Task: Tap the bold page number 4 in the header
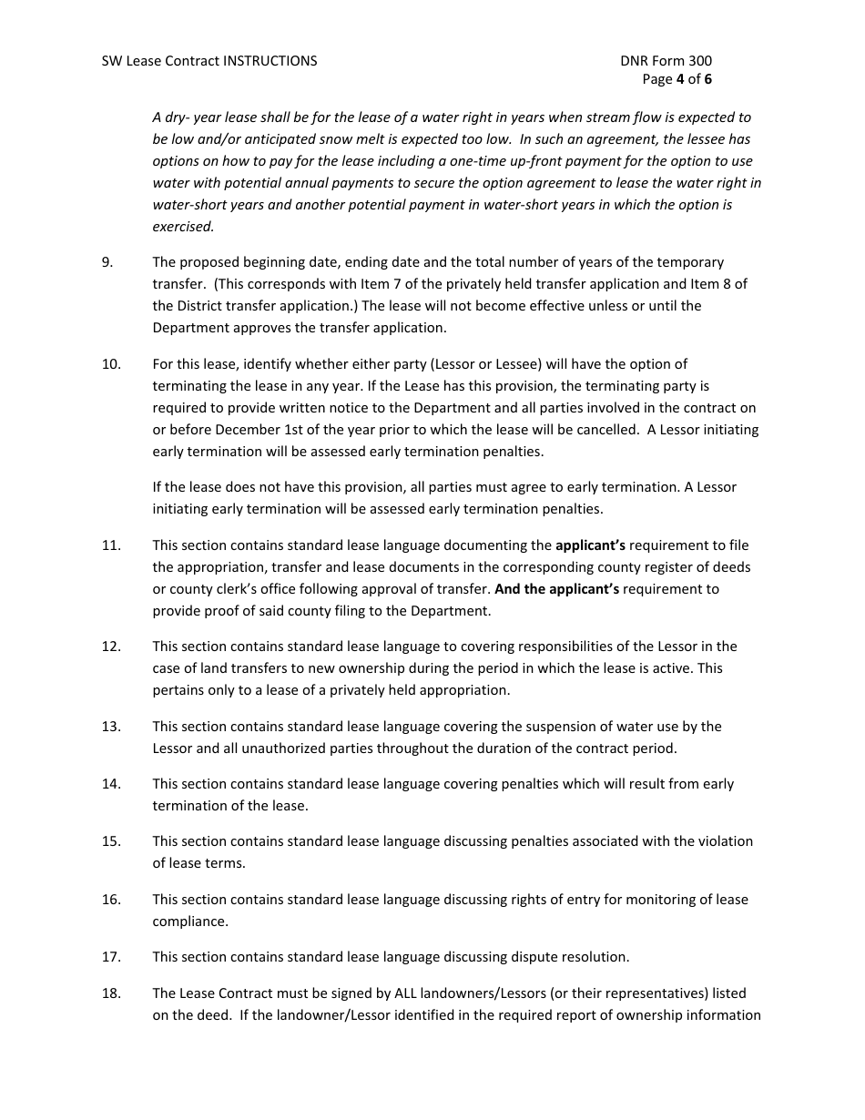point(679,79)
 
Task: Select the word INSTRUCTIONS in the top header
point(270,61)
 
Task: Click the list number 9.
point(107,262)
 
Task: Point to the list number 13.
point(111,727)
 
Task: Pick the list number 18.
point(111,993)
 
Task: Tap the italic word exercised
point(183,227)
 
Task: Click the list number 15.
point(111,841)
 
